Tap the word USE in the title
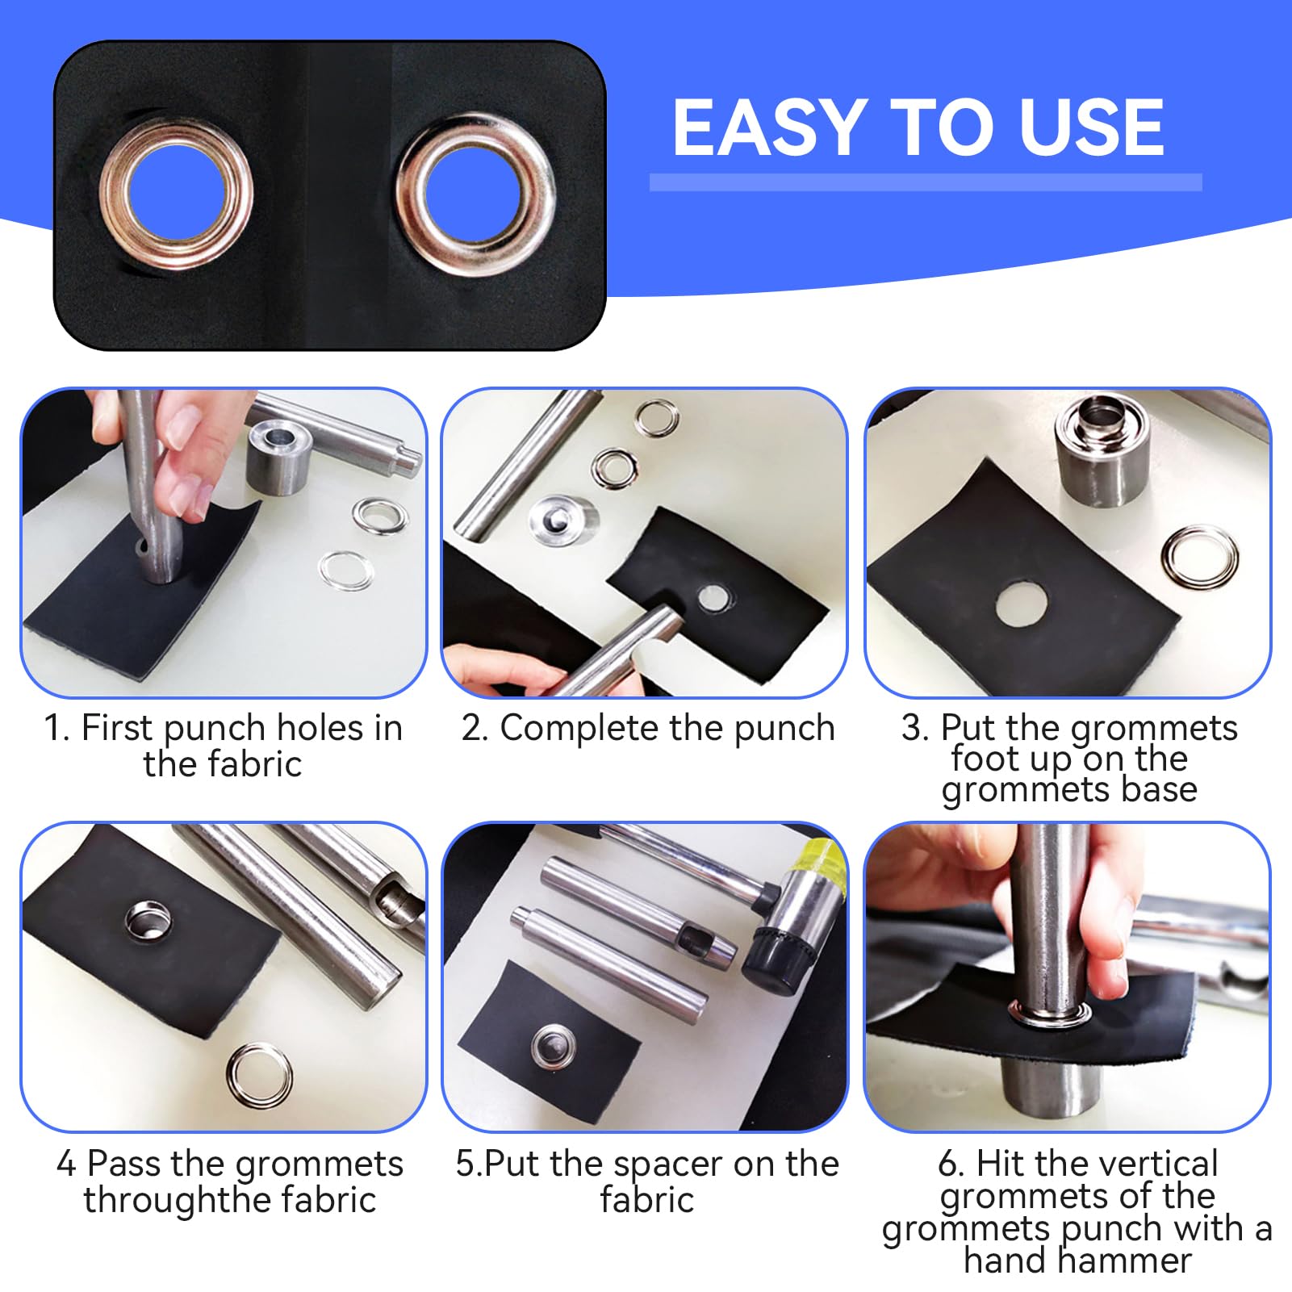pos(1092,127)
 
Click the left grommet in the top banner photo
pos(177,194)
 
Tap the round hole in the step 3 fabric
pos(1022,604)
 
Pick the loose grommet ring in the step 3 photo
pos(1200,558)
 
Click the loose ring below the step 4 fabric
pos(260,1076)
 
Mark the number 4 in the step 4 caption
pos(66,1164)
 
